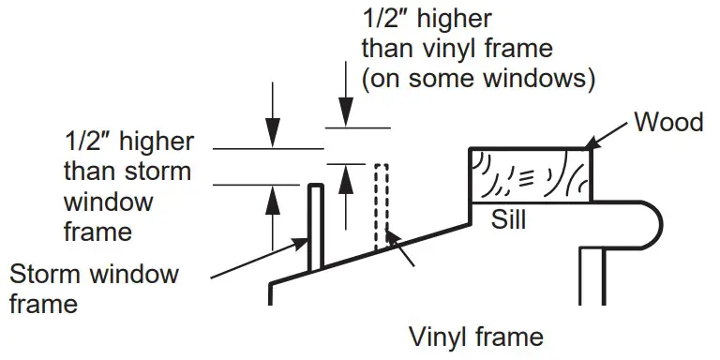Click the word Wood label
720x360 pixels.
tap(668, 122)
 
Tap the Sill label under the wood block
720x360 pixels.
tap(509, 220)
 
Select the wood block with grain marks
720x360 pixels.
tap(530, 175)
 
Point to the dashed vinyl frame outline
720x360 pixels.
tap(381, 206)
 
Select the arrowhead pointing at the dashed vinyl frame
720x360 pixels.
tap(394, 240)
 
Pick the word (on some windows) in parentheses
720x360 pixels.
tap(479, 79)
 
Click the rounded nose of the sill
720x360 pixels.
tap(652, 225)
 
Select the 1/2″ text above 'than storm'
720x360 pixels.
tap(88, 142)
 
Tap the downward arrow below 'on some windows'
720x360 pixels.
tap(345, 111)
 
